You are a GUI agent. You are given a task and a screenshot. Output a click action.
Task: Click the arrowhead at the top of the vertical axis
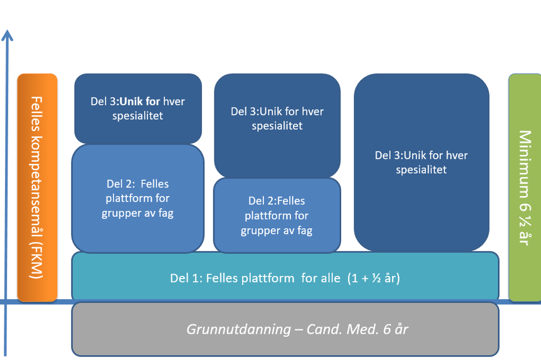coord(7,35)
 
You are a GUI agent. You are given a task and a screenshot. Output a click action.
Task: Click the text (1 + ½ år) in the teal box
coord(373,278)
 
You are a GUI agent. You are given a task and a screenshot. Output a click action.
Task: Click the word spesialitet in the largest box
coord(421,169)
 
